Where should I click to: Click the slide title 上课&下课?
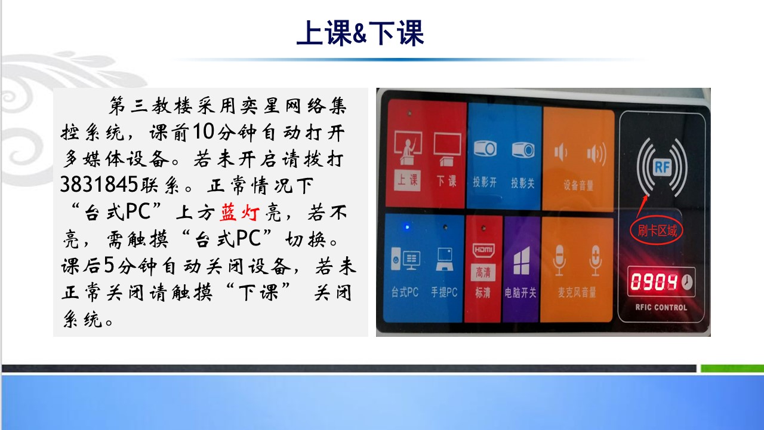pyautogui.click(x=360, y=33)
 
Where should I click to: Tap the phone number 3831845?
pyautogui.click(x=99, y=185)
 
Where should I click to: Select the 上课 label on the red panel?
pyautogui.click(x=408, y=180)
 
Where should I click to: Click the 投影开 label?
pyautogui.click(x=485, y=183)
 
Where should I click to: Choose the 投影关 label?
pyautogui.click(x=522, y=183)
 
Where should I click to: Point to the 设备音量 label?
pyautogui.click(x=578, y=185)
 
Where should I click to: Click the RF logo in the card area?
pyautogui.click(x=662, y=167)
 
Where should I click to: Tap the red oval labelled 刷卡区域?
pyautogui.click(x=657, y=231)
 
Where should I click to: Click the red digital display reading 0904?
pyautogui.click(x=654, y=282)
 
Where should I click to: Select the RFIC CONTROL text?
pyautogui.click(x=661, y=307)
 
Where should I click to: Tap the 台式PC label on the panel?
pyautogui.click(x=405, y=292)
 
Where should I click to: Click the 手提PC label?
pyautogui.click(x=444, y=292)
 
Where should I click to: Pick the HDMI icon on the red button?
pyautogui.click(x=483, y=250)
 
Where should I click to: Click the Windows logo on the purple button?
pyautogui.click(x=522, y=261)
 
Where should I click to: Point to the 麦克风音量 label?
pyautogui.click(x=577, y=293)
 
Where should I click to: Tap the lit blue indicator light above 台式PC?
pyautogui.click(x=406, y=227)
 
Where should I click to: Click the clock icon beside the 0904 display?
pyautogui.click(x=687, y=282)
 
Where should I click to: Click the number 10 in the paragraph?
pyautogui.click(x=204, y=131)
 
